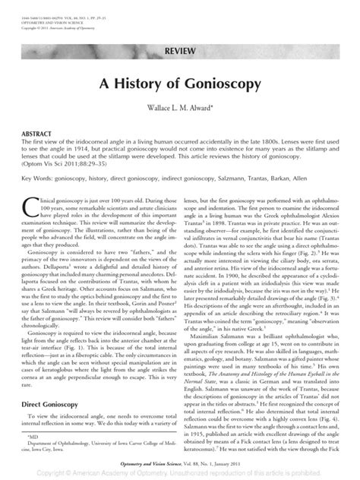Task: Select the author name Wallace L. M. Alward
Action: click(x=179, y=109)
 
